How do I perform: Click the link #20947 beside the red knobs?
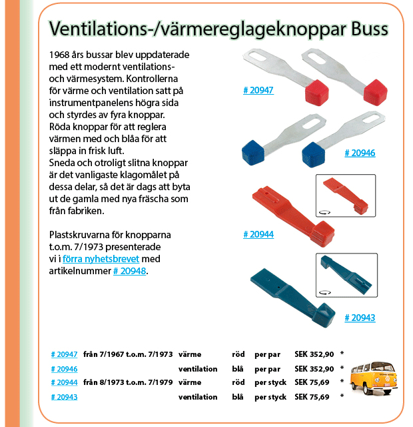coord(258,90)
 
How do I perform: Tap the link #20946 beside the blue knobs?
coord(360,153)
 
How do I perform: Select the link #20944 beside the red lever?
coord(258,234)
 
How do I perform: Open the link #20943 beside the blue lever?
coord(360,318)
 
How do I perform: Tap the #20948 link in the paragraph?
coord(129,271)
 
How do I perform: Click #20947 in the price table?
coord(64,354)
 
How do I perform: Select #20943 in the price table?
coord(64,397)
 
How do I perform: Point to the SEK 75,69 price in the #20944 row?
coord(312,382)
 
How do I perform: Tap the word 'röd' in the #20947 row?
coord(238,354)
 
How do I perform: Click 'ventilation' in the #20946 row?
coord(198,368)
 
